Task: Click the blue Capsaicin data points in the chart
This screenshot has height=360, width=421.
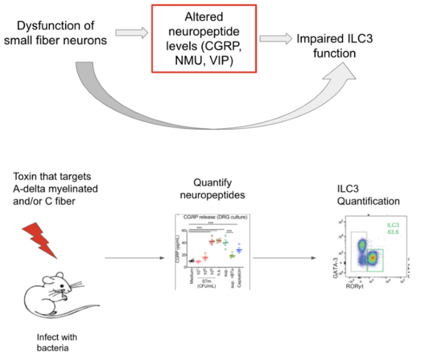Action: (238, 250)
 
